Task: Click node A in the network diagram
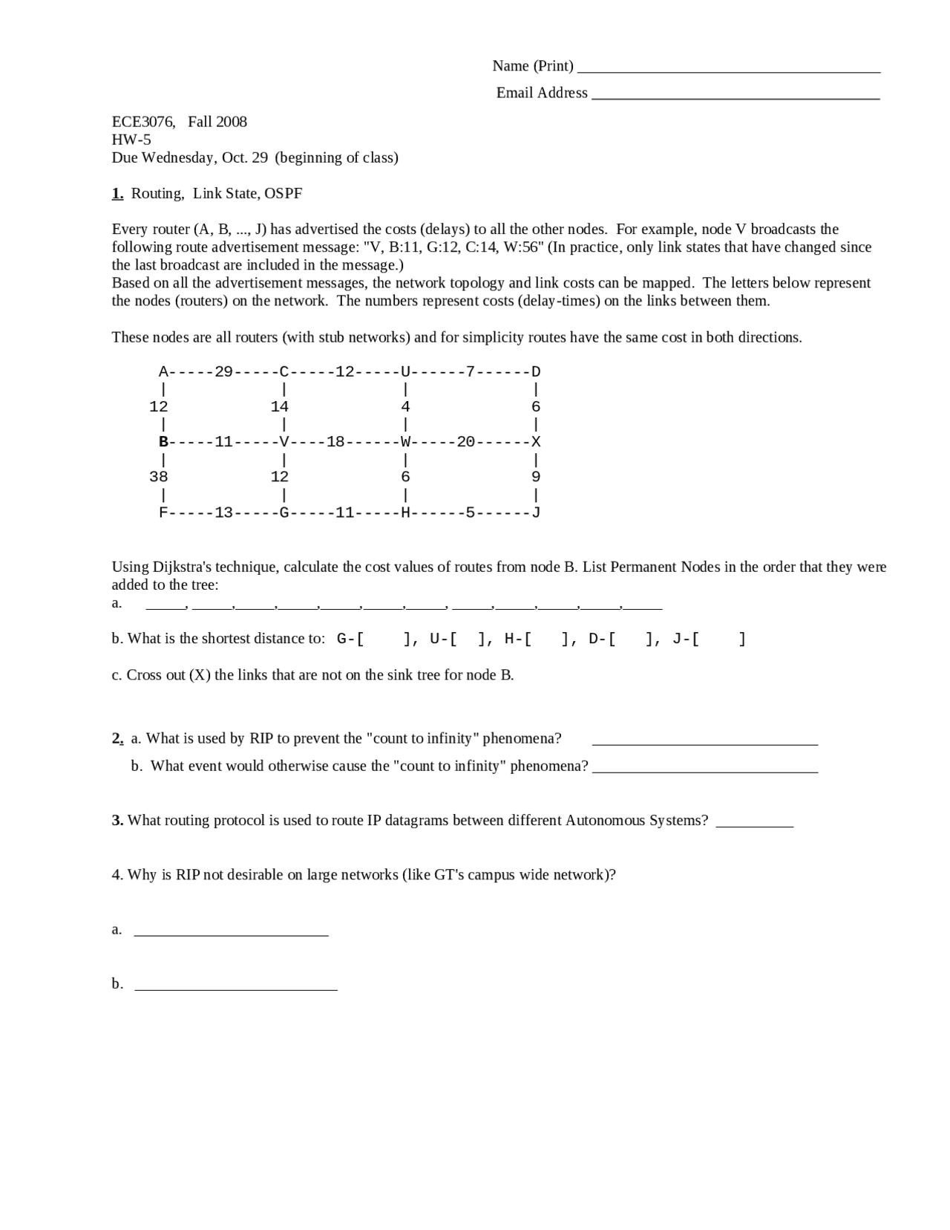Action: click(163, 371)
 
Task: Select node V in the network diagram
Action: click(284, 441)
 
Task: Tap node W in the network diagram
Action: click(405, 441)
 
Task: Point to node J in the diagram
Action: click(536, 512)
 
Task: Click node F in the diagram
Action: click(163, 512)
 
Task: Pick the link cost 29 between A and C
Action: click(223, 371)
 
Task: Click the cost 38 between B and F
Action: click(158, 477)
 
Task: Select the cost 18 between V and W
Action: click(335, 441)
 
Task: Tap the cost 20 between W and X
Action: click(465, 441)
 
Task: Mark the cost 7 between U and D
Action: click(470, 371)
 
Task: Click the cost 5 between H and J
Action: click(470, 512)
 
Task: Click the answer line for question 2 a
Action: click(705, 741)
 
